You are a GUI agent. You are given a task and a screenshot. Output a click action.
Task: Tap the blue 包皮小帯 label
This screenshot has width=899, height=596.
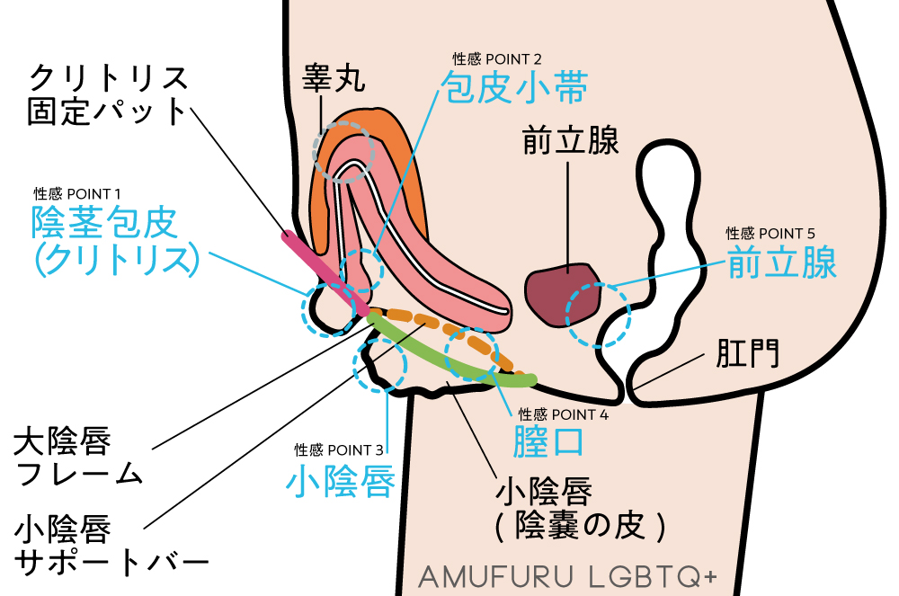coord(513,90)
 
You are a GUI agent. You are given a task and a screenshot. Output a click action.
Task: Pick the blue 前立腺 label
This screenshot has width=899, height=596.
coord(782,263)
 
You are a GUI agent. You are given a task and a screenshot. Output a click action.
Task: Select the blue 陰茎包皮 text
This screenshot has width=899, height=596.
coord(105,222)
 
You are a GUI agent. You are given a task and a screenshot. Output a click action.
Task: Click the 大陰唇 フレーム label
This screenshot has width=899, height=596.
coord(78,458)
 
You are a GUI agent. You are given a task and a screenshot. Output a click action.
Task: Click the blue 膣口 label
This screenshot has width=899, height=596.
coord(548,443)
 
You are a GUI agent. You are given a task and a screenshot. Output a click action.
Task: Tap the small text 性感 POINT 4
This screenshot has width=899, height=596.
coord(564,414)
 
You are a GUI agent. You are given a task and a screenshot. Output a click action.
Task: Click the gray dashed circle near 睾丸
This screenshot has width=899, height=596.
coord(343,150)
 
